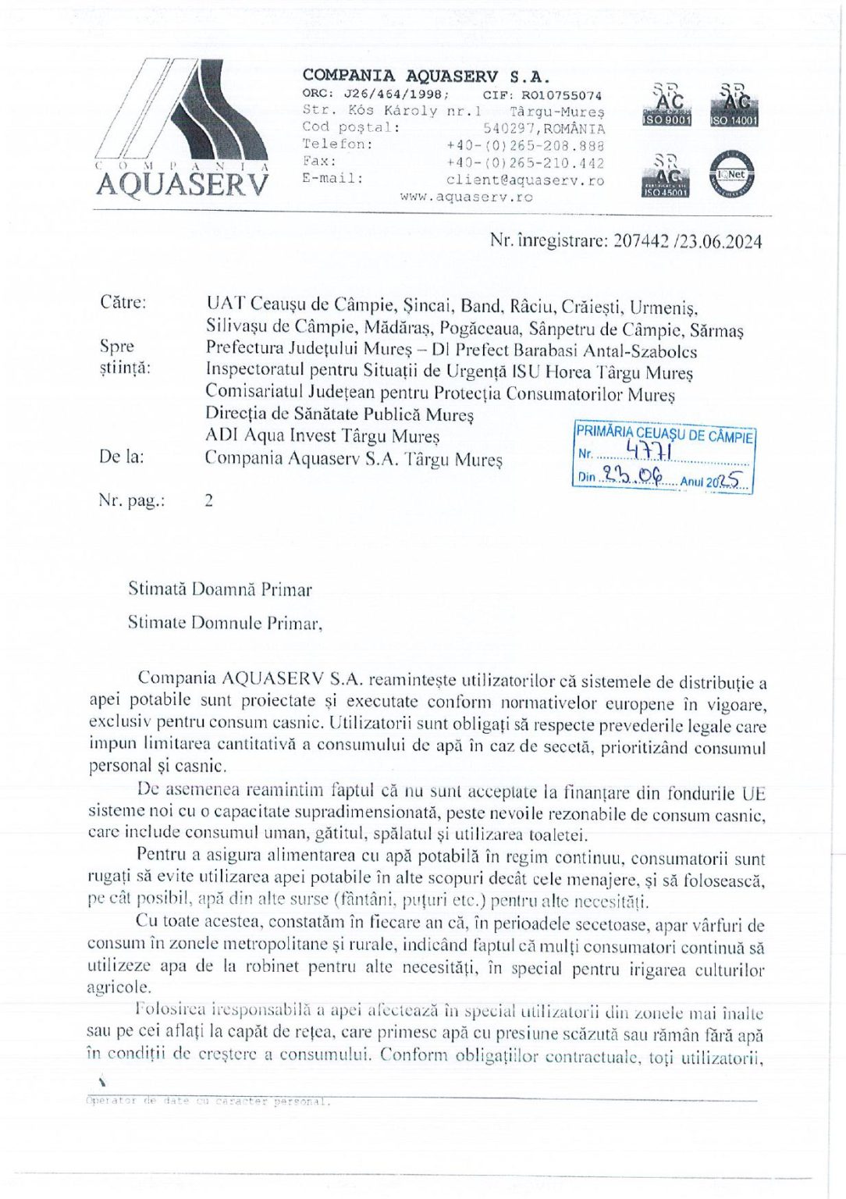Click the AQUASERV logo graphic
tap(183, 129)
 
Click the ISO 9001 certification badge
tap(666, 105)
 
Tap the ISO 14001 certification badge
tap(734, 105)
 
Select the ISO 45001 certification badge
tap(665, 175)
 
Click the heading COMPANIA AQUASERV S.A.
tap(425, 76)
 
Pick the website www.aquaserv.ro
tap(466, 197)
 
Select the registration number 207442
tap(641, 241)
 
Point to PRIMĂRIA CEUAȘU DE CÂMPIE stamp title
tap(664, 434)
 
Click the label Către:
tap(123, 302)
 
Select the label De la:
tap(121, 457)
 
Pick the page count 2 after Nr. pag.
tap(208, 500)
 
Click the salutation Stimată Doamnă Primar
tap(220, 589)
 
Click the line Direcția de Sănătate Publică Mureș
tap(339, 414)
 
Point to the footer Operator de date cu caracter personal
tap(208, 1101)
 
